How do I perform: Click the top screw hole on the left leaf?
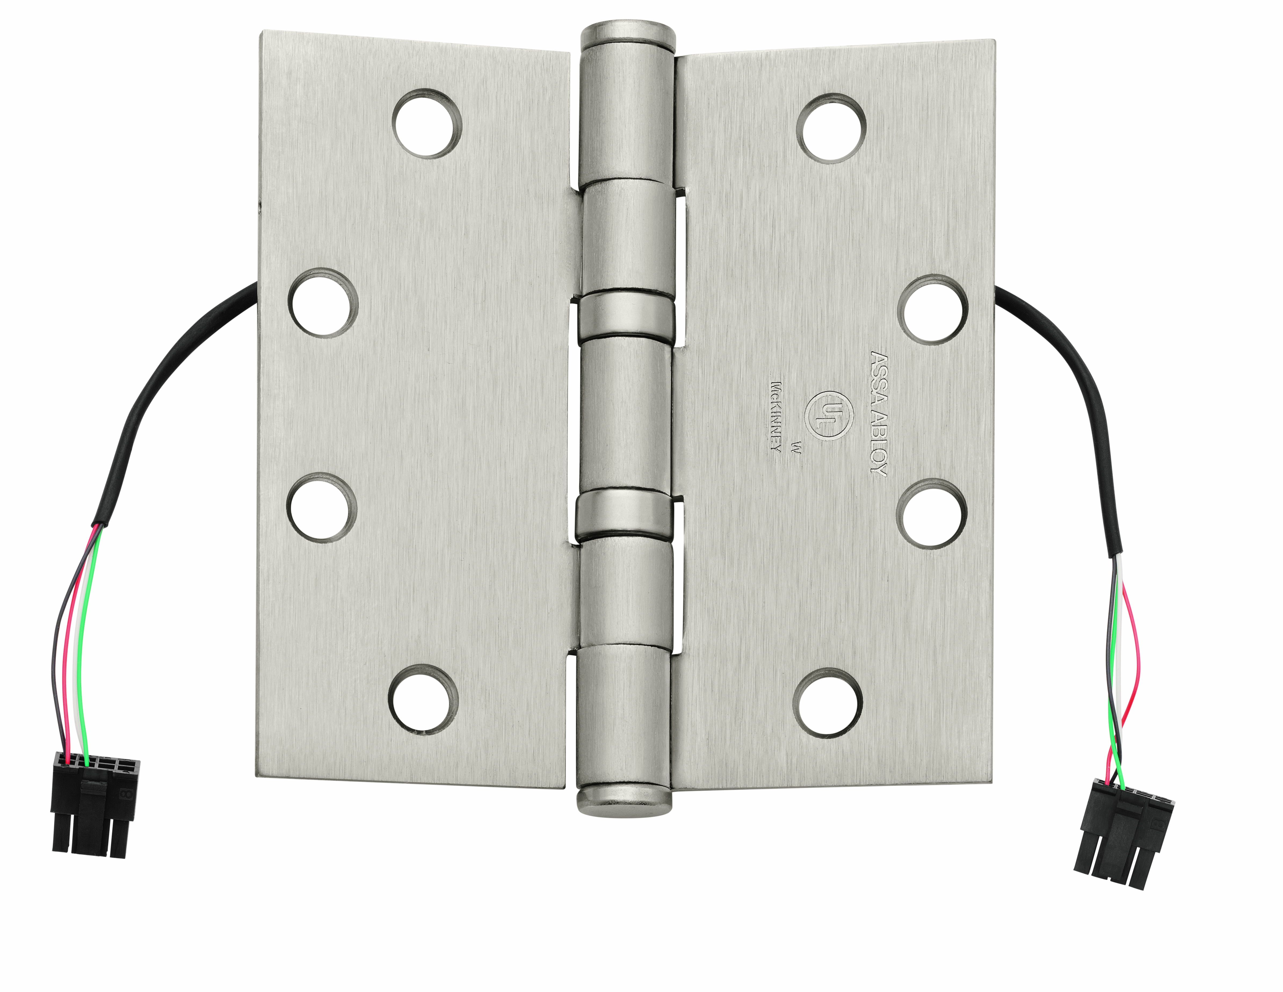427,123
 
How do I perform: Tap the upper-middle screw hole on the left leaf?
323,303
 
